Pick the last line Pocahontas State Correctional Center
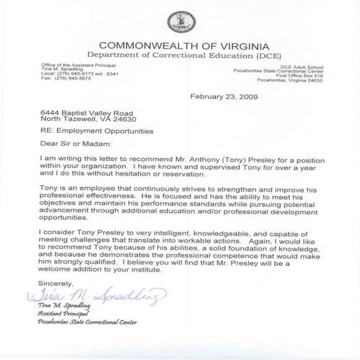(x=88, y=322)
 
